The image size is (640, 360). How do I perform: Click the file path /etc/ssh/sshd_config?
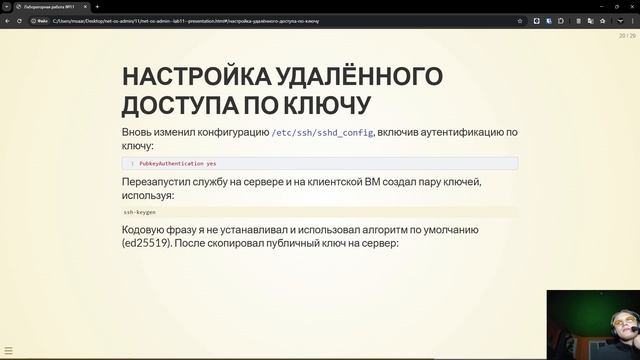(x=322, y=132)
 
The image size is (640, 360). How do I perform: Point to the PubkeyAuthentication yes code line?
(x=178, y=163)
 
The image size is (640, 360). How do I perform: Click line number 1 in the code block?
(x=132, y=163)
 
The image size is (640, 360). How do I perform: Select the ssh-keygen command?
(x=141, y=212)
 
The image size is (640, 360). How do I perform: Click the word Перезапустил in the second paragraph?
(x=165, y=182)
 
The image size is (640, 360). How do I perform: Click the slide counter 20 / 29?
(x=627, y=36)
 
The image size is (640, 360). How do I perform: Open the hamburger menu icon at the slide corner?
(x=9, y=350)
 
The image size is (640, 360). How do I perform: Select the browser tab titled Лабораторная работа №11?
(x=50, y=6)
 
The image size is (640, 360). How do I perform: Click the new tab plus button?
(x=97, y=6)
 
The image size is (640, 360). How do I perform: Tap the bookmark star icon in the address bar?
(x=520, y=20)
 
